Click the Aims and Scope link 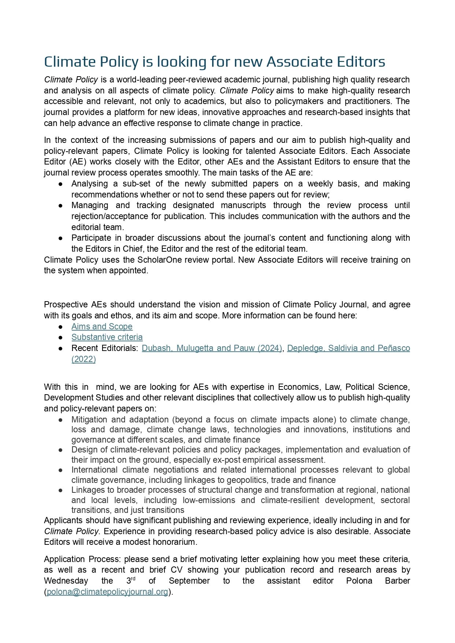coord(102,326)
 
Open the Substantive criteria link coord(107,337)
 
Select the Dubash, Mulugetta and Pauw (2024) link coord(212,348)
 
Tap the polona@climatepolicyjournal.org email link coord(107,592)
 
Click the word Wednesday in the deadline coord(66,581)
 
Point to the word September coord(189,581)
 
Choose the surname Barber coord(397,581)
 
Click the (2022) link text coord(84,359)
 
